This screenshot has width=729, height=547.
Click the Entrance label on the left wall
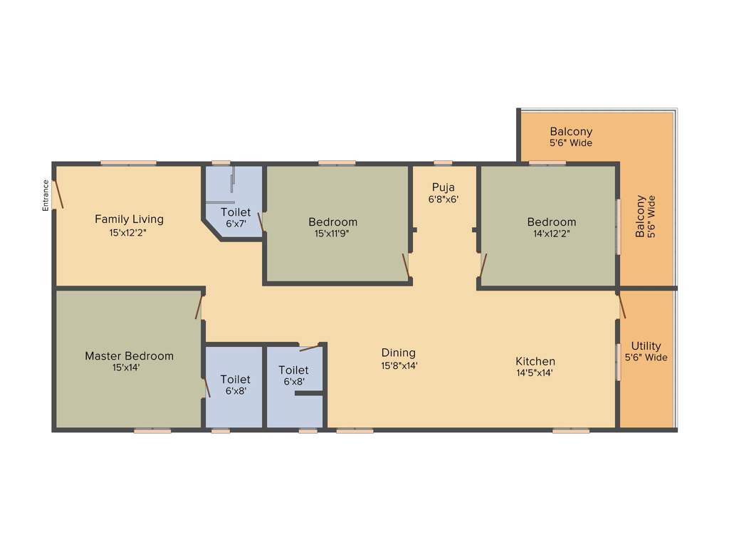[46, 195]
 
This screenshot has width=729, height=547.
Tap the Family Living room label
[129, 219]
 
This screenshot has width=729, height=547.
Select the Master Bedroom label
[129, 356]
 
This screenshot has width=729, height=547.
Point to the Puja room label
[443, 188]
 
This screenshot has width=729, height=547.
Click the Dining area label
[399, 353]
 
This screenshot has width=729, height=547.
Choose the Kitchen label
[535, 361]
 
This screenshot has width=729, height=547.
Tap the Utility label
[646, 346]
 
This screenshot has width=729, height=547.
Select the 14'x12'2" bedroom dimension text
[552, 233]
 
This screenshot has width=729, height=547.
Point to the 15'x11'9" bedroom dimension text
[333, 233]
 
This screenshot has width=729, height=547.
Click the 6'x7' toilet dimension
[235, 224]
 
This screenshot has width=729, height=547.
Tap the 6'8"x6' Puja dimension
[443, 200]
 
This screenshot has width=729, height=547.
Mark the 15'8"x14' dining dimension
[399, 365]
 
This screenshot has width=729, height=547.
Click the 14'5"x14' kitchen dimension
[535, 373]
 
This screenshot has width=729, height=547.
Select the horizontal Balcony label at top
[571, 132]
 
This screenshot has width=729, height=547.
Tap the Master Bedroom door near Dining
[199, 306]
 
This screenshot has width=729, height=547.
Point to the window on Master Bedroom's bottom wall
[152, 430]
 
